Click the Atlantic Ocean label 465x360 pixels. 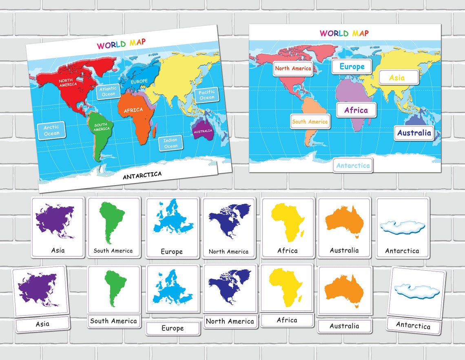pyautogui.click(x=108, y=91)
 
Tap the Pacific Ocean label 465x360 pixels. pyautogui.click(x=206, y=95)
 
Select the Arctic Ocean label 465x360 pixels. pyautogui.click(x=51, y=130)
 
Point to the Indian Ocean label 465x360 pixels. pyautogui.click(x=170, y=143)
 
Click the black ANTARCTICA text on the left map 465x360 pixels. pyautogui.click(x=142, y=176)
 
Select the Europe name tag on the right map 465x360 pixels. pyautogui.click(x=352, y=67)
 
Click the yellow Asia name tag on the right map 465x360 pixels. pyautogui.click(x=398, y=77)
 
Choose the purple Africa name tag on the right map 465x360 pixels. pyautogui.click(x=356, y=110)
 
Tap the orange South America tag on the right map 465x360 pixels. pyautogui.click(x=310, y=122)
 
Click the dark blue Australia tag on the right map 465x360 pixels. pyautogui.click(x=414, y=133)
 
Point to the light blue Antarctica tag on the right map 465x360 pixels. pyautogui.click(x=353, y=166)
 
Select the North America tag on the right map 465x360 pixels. pyautogui.click(x=293, y=68)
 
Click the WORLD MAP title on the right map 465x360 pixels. pyautogui.click(x=344, y=33)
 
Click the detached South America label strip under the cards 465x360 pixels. pyautogui.click(x=113, y=321)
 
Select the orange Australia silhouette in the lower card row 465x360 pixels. pyautogui.click(x=344, y=290)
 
